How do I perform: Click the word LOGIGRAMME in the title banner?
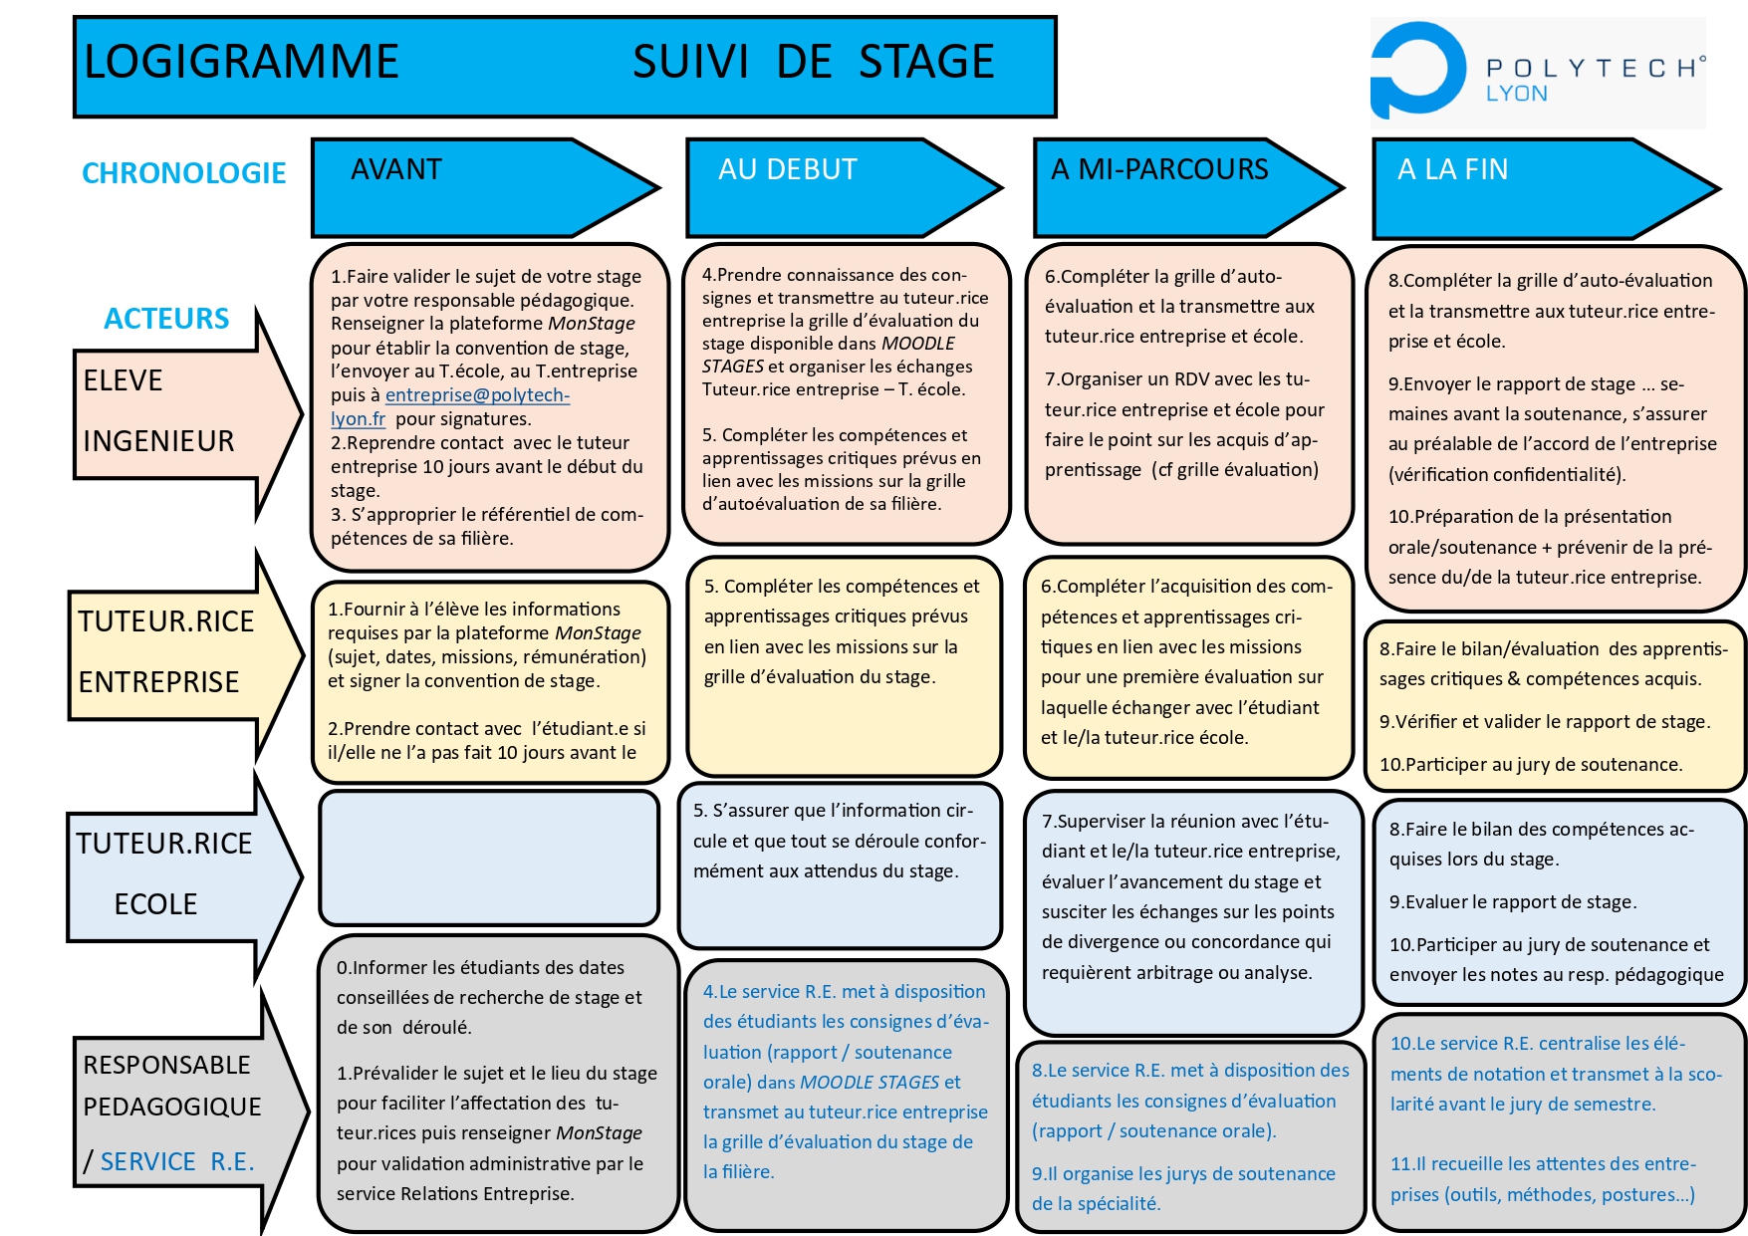[x=241, y=62]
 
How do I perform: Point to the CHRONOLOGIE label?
[x=184, y=173]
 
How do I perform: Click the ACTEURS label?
[x=166, y=319]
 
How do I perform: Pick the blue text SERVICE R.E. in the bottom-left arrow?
[x=177, y=1162]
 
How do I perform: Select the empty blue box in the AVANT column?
[x=489, y=858]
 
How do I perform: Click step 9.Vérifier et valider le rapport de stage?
[x=1544, y=722]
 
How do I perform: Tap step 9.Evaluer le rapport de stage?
[x=1512, y=902]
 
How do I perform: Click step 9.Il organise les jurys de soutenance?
[x=1183, y=1188]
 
